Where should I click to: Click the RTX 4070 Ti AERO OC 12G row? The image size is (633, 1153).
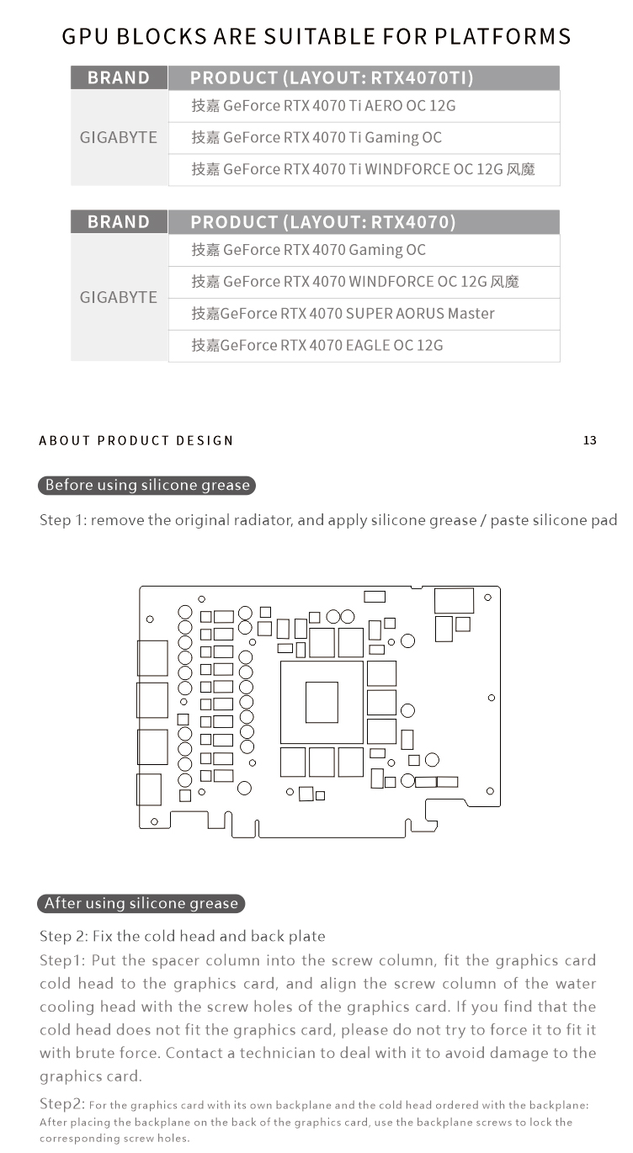pyautogui.click(x=364, y=106)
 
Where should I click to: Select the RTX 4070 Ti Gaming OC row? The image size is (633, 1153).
pyautogui.click(x=364, y=138)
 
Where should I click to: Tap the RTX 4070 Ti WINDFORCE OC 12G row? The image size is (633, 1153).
pyautogui.click(x=364, y=170)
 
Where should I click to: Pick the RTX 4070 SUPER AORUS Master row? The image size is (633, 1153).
pyautogui.click(x=364, y=314)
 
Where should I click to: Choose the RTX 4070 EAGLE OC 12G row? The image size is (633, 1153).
pyautogui.click(x=364, y=346)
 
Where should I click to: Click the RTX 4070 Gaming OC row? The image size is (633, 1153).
pyautogui.click(x=364, y=250)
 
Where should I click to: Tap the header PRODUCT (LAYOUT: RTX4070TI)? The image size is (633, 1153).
pyautogui.click(x=364, y=77)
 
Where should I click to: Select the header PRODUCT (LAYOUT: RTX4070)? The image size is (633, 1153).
pyautogui.click(x=364, y=222)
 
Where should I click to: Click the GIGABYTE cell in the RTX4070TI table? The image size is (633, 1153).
pyautogui.click(x=119, y=138)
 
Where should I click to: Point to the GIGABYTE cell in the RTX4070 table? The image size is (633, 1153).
pyautogui.click(x=119, y=298)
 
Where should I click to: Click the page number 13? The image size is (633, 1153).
pyautogui.click(x=590, y=441)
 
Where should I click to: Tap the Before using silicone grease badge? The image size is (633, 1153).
pyautogui.click(x=146, y=486)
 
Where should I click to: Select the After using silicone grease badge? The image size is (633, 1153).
pyautogui.click(x=141, y=903)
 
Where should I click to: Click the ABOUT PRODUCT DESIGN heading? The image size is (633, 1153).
pyautogui.click(x=136, y=441)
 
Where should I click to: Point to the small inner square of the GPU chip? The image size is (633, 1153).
pyautogui.click(x=322, y=703)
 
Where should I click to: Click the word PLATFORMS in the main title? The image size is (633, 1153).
pyautogui.click(x=503, y=36)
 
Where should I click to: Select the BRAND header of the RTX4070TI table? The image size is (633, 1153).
pyautogui.click(x=119, y=77)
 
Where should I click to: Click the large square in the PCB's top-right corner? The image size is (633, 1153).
pyautogui.click(x=454, y=601)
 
